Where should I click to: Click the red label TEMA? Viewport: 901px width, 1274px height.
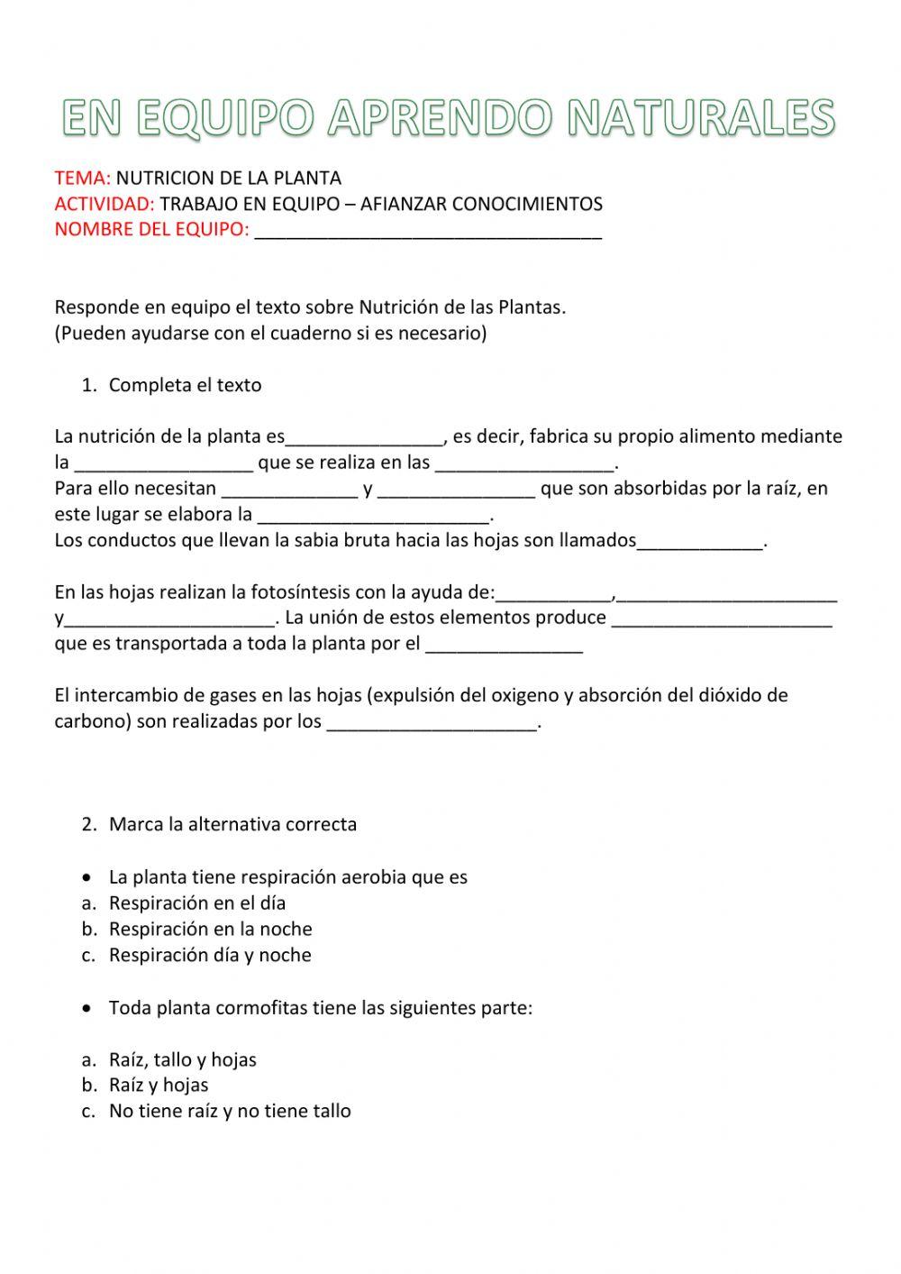(82, 178)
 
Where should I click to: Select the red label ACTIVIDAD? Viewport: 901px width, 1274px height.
(105, 204)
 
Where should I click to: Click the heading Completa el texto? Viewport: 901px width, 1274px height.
(185, 385)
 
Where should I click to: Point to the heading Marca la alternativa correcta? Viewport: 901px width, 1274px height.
(232, 824)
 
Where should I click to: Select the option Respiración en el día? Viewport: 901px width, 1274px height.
(196, 903)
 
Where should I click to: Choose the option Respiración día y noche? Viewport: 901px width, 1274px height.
(210, 955)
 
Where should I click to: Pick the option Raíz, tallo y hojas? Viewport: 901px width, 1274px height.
(182, 1059)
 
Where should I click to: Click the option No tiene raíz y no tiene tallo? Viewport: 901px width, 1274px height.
(230, 1111)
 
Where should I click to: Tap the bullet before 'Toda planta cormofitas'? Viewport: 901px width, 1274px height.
(86, 1007)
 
